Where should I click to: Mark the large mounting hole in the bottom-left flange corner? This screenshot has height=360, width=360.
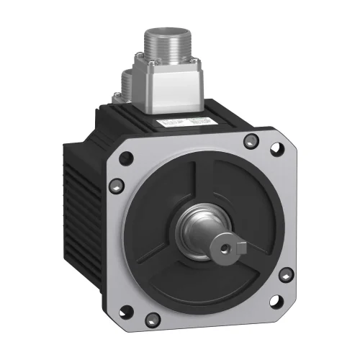tap(139, 312)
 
